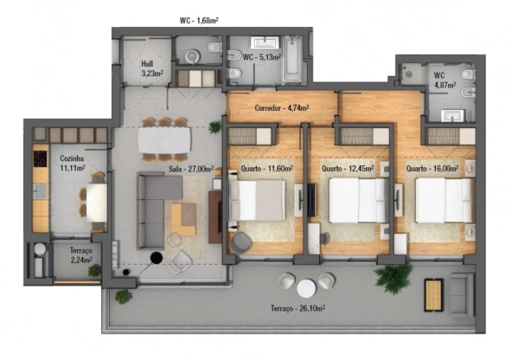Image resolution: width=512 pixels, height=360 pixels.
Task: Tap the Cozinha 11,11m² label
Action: (73, 163)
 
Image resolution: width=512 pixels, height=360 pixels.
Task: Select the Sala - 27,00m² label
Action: (188, 169)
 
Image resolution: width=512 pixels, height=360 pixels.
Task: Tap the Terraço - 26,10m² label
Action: (299, 308)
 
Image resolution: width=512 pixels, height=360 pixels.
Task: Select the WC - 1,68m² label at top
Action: (199, 21)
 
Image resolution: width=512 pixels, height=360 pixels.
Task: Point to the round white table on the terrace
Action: (306, 288)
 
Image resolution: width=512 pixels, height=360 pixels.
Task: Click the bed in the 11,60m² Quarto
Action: (261, 201)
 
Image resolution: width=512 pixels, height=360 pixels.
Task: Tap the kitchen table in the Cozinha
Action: (97, 202)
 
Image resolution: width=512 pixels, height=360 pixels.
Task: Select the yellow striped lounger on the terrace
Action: (433, 295)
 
